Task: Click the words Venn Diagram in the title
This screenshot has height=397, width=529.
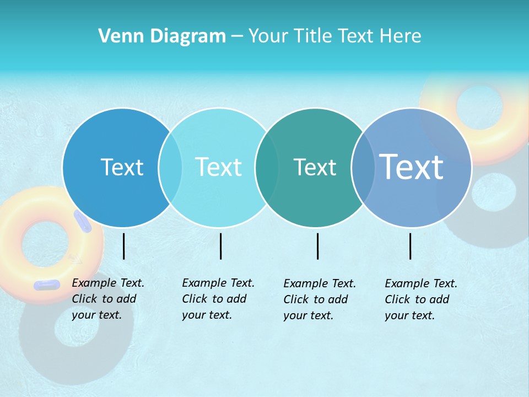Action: (162, 36)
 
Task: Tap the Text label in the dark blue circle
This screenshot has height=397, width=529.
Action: (122, 167)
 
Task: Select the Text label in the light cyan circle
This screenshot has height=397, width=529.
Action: (219, 167)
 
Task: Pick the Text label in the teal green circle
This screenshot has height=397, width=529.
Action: (315, 167)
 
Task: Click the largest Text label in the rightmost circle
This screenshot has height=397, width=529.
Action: (411, 167)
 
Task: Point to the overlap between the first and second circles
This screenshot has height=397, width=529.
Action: (170, 167)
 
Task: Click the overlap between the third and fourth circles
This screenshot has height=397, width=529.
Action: (363, 167)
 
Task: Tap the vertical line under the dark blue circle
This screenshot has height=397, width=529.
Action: (123, 246)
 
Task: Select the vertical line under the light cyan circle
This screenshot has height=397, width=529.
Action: (220, 246)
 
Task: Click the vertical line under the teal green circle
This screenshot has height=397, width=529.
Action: (317, 246)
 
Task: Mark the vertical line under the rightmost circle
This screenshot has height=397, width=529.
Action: (410, 246)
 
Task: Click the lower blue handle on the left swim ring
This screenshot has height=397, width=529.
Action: (47, 285)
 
